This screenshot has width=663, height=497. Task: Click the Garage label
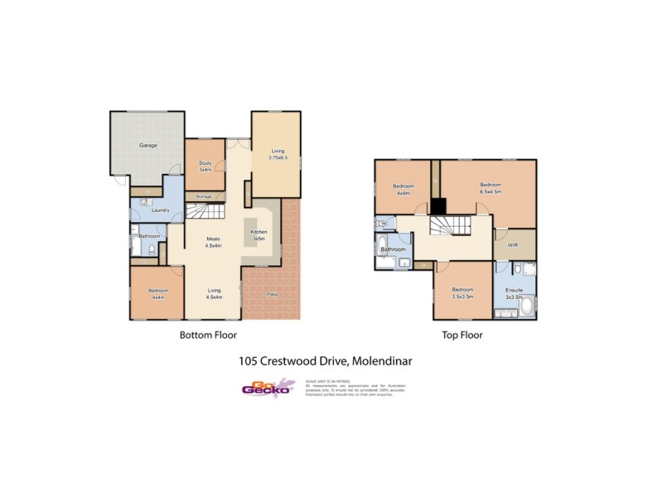[x=148, y=145]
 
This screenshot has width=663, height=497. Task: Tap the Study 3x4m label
[x=205, y=165]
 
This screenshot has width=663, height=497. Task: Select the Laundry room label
[x=161, y=210]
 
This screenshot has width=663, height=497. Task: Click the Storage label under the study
[x=203, y=196]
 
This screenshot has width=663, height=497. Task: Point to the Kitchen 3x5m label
[x=259, y=234]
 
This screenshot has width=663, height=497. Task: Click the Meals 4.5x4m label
[x=214, y=242]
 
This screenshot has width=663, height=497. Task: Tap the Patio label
[x=272, y=295]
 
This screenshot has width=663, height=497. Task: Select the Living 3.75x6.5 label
[x=277, y=154]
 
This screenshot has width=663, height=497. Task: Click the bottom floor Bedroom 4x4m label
[x=158, y=293]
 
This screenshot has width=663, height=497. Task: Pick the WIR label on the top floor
[x=514, y=245]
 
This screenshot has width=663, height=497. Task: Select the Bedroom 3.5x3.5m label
[x=462, y=292]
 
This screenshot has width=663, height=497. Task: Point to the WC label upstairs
[x=383, y=223]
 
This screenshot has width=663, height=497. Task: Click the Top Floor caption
[x=462, y=335]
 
